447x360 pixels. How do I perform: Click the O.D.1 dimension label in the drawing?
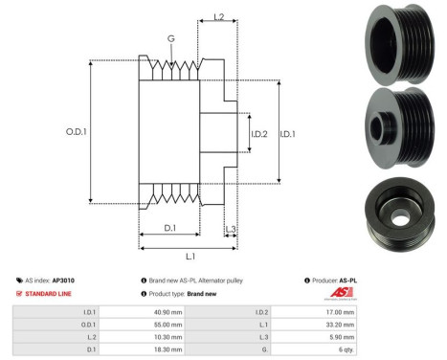76,131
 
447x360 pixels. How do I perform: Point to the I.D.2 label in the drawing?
259,134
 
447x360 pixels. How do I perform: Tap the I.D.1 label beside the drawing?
287,134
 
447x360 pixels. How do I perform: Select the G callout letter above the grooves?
171,38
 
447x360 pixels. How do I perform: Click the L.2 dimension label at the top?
219,17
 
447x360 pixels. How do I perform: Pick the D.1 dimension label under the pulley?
169,228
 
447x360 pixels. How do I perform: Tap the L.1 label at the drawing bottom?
190,256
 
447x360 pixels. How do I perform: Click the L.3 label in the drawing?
231,229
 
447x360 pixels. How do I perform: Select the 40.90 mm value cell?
168,312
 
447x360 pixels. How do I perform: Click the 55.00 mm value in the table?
168,325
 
